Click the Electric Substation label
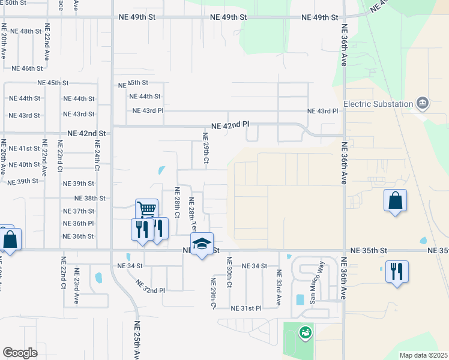coord(378,104)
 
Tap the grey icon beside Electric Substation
coord(423,104)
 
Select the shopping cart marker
coord(146,210)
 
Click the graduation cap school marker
coord(202,243)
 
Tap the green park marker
coord(306,331)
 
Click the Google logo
coord(20,353)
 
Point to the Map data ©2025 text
coord(423,355)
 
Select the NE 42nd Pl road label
coord(230,125)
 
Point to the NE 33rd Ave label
coord(279,289)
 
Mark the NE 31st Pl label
coord(246,308)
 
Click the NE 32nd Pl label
coord(150,286)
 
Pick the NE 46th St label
coord(27,68)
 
